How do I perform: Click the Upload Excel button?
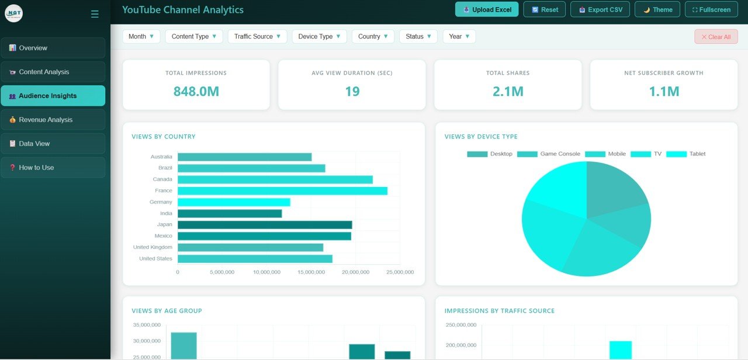tap(487, 9)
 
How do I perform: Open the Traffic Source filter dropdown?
tap(257, 36)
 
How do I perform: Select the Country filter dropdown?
tap(373, 36)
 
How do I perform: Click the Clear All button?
tap(716, 37)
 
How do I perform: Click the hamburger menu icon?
tap(95, 14)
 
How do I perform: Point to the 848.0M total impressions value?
tap(196, 91)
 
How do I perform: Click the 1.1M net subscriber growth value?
tap(664, 91)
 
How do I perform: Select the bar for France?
tap(282, 191)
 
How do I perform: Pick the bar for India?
tap(230, 213)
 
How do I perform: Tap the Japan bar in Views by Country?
tap(265, 224)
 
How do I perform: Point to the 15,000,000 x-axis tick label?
tap(311, 272)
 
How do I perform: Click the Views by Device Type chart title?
tap(481, 137)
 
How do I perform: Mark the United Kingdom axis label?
tap(153, 247)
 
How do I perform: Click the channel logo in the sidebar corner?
tap(13, 13)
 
